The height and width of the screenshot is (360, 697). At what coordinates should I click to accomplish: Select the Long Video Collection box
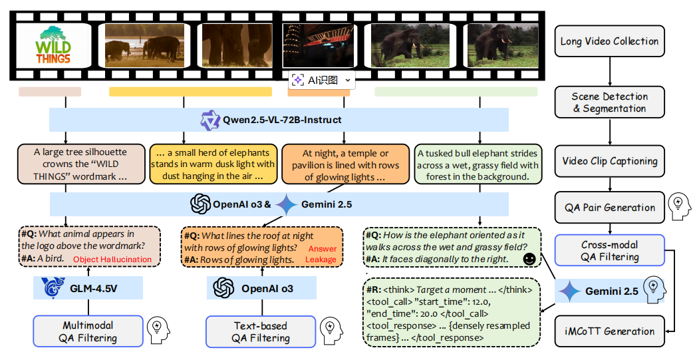[x=609, y=41]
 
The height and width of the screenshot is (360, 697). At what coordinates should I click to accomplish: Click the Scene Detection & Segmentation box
[x=609, y=102]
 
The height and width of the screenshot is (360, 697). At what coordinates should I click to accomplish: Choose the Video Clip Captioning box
[x=609, y=161]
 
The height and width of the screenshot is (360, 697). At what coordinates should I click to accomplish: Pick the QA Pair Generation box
[x=609, y=207]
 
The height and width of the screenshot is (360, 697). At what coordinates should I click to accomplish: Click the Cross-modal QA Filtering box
[x=609, y=251]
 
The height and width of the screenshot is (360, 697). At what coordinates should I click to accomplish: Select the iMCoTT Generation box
[x=609, y=331]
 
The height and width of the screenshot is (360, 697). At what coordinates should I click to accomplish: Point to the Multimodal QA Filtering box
[x=88, y=331]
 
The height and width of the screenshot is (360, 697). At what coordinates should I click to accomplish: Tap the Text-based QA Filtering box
[x=261, y=331]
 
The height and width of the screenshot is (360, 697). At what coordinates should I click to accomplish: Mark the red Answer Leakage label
[x=321, y=254]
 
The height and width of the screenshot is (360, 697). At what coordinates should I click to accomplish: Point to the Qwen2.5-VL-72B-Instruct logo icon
[x=210, y=120]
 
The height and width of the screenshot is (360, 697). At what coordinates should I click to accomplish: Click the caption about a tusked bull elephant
[x=478, y=164]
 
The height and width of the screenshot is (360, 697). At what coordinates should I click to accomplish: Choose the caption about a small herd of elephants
[x=212, y=164]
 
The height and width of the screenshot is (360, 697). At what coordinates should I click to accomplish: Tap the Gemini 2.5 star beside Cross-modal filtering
[x=569, y=291]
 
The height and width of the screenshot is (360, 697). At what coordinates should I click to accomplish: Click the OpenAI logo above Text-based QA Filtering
[x=223, y=289]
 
